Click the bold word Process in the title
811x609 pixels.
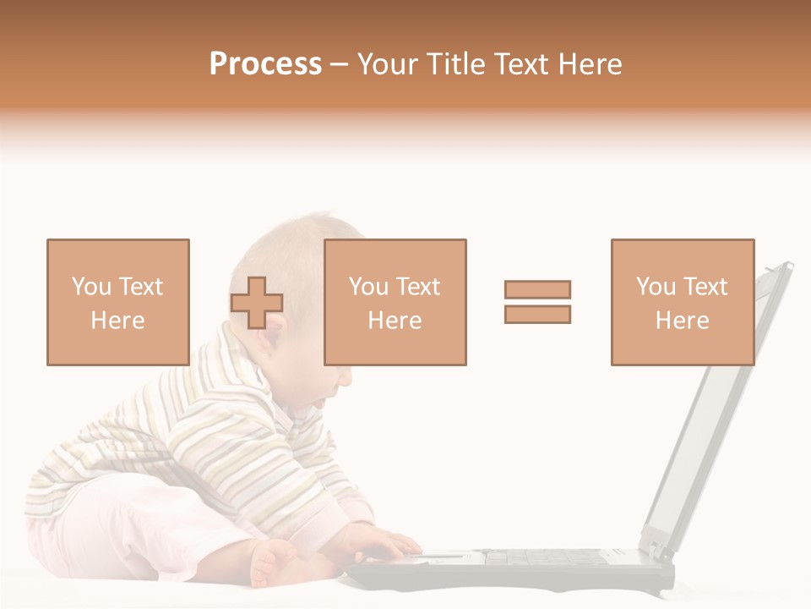265,64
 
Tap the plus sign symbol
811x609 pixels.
257,303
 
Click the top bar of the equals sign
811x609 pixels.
537,289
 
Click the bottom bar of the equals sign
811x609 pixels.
537,314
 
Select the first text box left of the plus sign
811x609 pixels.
117,302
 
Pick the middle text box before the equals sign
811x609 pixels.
395,302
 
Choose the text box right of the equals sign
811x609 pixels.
682,302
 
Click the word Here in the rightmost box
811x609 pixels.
682,321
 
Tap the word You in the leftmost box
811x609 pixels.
90,287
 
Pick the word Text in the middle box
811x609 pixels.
417,287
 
